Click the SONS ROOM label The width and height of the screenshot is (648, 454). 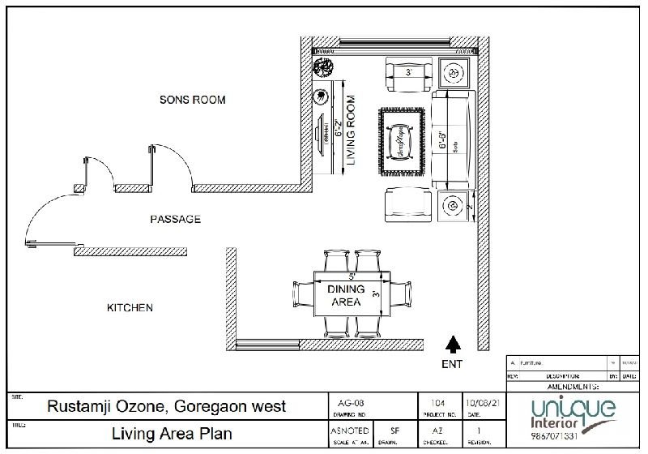click(192, 100)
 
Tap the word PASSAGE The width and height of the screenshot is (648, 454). click(176, 220)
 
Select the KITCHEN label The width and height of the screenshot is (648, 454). click(130, 308)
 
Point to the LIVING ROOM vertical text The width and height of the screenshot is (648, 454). click(351, 131)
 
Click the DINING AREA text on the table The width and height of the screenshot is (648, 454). click(346, 296)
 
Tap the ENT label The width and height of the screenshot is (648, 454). click(452, 364)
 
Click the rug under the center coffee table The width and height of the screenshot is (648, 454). click(401, 141)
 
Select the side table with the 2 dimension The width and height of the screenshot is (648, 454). click(452, 208)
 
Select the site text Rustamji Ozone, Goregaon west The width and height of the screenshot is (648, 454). click(165, 406)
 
